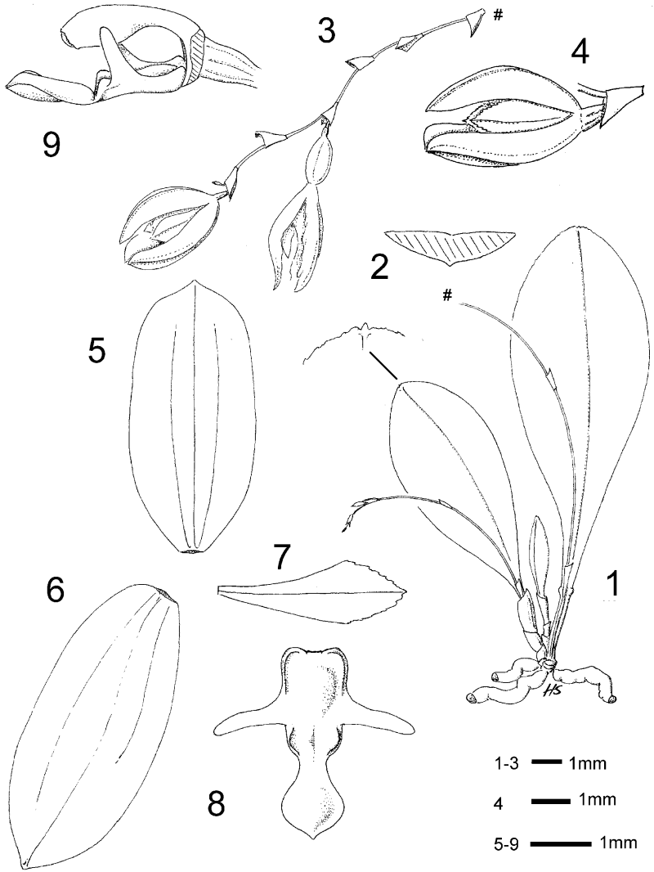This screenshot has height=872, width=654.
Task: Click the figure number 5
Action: (x=99, y=347)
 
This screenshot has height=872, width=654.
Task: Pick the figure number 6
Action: (x=56, y=593)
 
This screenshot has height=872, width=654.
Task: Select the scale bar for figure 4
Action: (x=551, y=802)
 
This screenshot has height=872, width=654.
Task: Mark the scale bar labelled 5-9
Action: (x=560, y=843)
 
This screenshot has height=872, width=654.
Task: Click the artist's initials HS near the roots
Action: (x=550, y=690)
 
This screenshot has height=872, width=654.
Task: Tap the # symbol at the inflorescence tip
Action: (x=499, y=16)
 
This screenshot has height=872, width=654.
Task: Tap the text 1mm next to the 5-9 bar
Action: (x=618, y=843)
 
